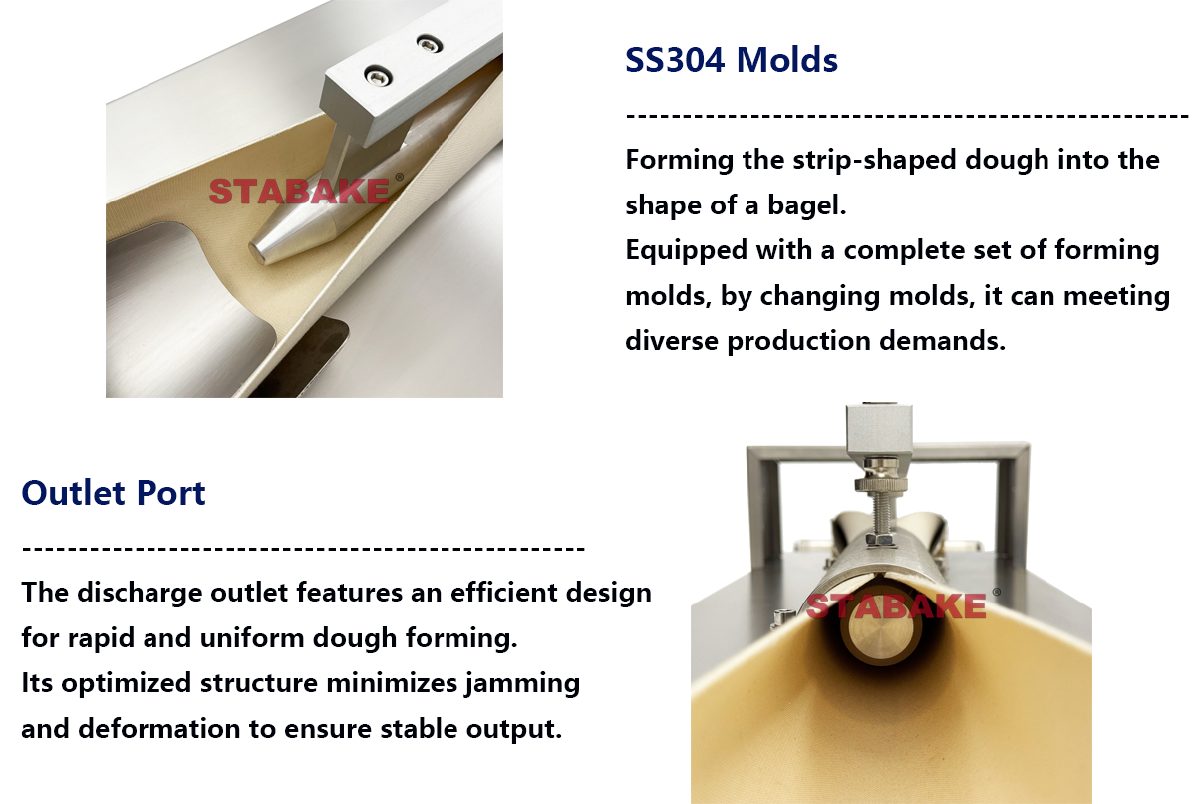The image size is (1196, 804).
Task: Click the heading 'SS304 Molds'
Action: point(731,59)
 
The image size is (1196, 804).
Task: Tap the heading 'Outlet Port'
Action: point(114,492)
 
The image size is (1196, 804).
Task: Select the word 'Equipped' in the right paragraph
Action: point(686,250)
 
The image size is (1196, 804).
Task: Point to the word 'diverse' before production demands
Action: point(671,340)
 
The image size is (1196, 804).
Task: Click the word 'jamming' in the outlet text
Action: point(522,684)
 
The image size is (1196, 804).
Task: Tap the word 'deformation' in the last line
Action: point(158,728)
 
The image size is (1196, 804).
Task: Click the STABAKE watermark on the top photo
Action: point(299,192)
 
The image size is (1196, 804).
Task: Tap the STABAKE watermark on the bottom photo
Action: point(896,605)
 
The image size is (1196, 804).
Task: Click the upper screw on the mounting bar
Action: point(430,43)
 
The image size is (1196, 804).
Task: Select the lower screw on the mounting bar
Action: point(378,76)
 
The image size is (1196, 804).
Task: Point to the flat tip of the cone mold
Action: point(257,252)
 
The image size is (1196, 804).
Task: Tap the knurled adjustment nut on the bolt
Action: point(881,485)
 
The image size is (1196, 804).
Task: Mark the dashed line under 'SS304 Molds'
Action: point(907,115)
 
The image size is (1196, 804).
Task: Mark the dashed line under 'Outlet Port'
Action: point(303,548)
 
